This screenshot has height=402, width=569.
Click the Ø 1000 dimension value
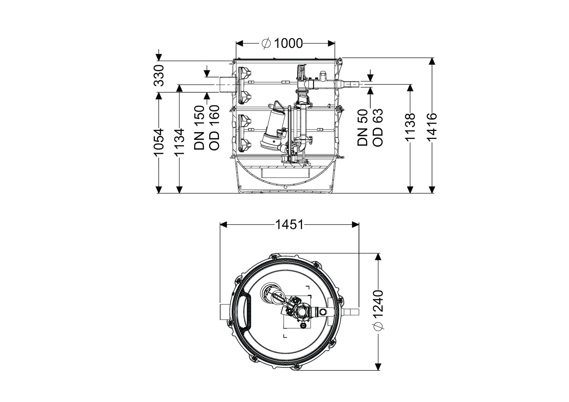pyautogui.click(x=282, y=44)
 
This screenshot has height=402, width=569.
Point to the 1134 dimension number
pyautogui.click(x=180, y=142)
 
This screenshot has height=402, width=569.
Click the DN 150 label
pyautogui.click(x=199, y=127)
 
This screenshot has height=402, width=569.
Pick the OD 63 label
pyautogui.click(x=378, y=128)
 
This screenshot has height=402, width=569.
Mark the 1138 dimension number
pyautogui.click(x=410, y=127)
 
